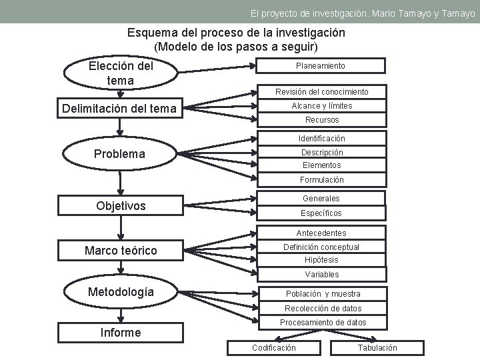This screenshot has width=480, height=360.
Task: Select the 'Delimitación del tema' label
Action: (x=119, y=109)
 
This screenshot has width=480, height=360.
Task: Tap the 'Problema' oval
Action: (x=119, y=154)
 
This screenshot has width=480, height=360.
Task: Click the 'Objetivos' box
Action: (x=120, y=206)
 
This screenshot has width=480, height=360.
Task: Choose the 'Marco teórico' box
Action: (x=121, y=251)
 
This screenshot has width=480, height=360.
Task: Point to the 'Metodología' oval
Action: (x=121, y=292)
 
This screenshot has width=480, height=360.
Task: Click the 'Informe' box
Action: (x=120, y=332)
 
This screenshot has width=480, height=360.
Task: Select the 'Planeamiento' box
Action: (x=321, y=65)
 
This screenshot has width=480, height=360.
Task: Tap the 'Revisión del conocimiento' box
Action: (x=322, y=91)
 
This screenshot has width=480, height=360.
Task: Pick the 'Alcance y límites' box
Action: (x=322, y=105)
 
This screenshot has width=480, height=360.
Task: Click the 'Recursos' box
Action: (x=322, y=120)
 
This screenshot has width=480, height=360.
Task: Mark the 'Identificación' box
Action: (x=322, y=139)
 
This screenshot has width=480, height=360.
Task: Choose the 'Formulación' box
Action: (x=322, y=180)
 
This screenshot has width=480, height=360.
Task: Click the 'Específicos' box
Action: (x=321, y=213)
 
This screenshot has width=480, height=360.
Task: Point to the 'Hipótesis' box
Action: (x=321, y=260)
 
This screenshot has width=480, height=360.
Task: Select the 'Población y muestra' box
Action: (x=323, y=294)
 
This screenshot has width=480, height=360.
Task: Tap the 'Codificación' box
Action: (x=274, y=347)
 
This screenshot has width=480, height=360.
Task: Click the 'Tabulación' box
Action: (x=377, y=347)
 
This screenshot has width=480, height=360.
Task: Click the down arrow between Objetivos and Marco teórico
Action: (x=121, y=229)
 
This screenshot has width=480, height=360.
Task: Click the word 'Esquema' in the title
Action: (x=155, y=32)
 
